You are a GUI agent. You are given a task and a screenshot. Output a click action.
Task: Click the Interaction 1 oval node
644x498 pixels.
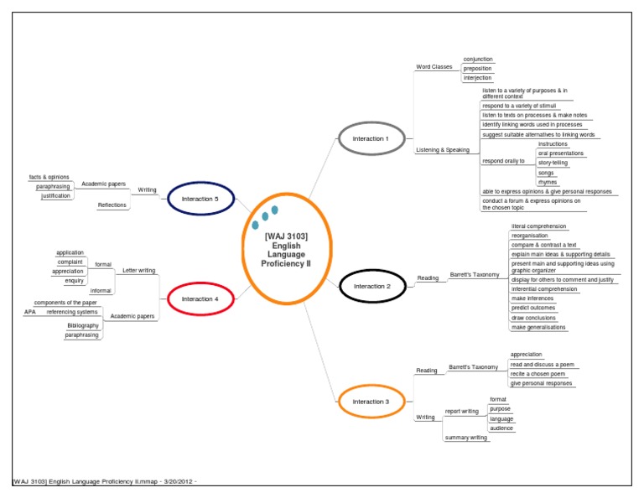click(x=371, y=138)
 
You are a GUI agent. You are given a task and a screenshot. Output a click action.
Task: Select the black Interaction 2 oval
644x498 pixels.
click(x=371, y=286)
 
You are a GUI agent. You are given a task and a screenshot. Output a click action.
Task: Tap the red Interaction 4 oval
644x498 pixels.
click(x=199, y=298)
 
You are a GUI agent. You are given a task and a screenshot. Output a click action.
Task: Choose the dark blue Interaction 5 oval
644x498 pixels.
click(x=199, y=199)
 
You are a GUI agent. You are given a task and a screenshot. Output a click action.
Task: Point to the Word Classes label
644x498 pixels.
click(x=434, y=67)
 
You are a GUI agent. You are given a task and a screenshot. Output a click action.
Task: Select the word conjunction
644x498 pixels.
click(x=478, y=60)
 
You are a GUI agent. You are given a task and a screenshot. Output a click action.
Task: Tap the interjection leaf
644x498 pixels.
click(x=478, y=78)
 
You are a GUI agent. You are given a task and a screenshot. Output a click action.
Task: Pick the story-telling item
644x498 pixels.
click(x=553, y=163)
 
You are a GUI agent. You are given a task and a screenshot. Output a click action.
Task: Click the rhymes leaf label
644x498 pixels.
click(x=547, y=182)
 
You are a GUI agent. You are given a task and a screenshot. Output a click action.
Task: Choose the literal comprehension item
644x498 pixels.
click(x=539, y=226)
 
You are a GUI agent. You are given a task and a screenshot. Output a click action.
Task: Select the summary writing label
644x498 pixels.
click(x=466, y=438)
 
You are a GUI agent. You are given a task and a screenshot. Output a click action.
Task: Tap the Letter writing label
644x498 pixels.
click(x=138, y=271)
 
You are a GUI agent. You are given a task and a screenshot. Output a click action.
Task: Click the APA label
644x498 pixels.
click(x=30, y=312)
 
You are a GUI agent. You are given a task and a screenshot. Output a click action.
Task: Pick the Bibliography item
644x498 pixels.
click(x=83, y=325)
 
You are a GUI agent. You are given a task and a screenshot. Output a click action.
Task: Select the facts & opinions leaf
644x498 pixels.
click(x=48, y=177)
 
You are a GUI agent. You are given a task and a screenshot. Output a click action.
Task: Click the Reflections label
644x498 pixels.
click(x=112, y=205)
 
